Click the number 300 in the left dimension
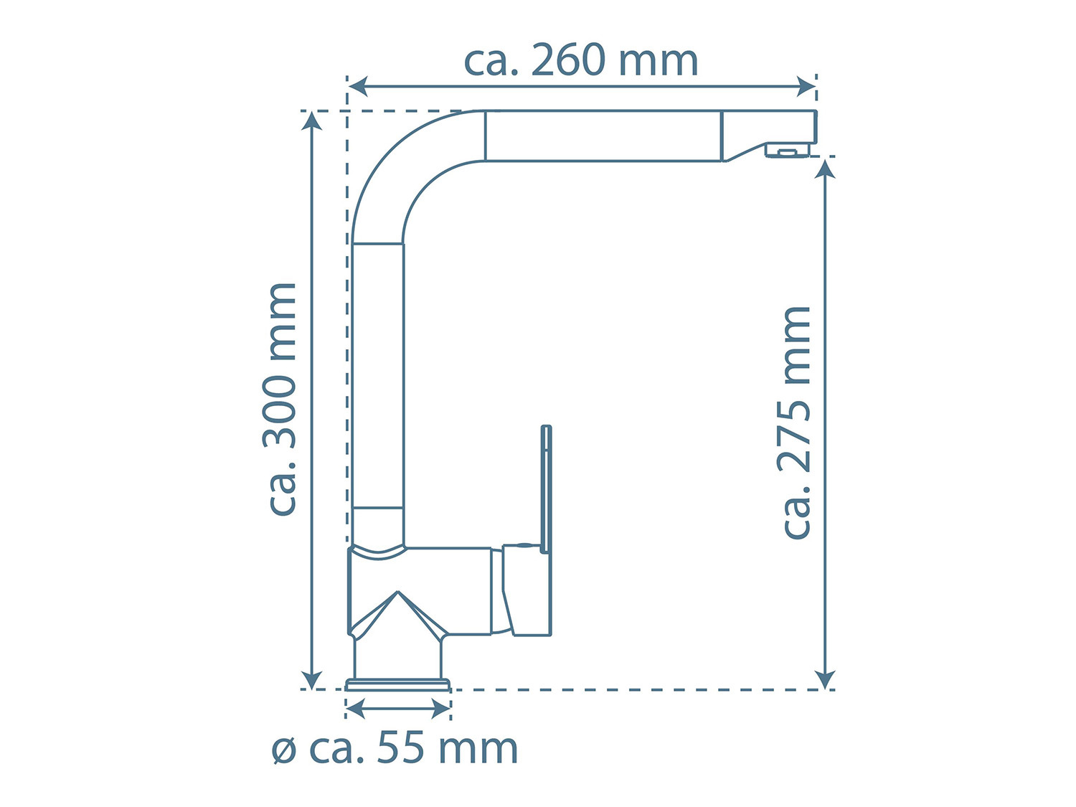click(281, 412)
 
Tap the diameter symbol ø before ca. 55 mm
click(284, 752)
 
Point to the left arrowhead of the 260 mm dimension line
click(357, 87)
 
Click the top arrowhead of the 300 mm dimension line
click(312, 121)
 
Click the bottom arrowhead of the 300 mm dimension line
click(312, 680)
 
